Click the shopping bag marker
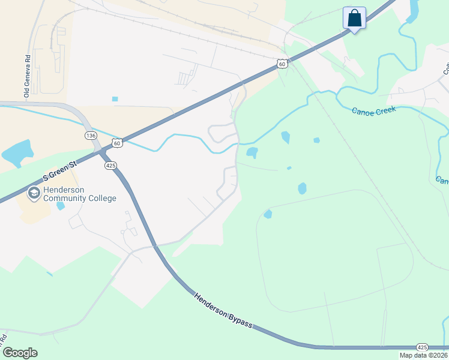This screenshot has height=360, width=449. (354, 18)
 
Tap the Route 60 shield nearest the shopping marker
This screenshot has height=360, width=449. (282, 64)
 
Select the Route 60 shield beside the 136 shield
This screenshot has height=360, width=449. (117, 143)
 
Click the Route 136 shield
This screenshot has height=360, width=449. (90, 136)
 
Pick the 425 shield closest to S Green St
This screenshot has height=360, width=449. (110, 165)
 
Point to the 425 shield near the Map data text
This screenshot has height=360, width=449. (421, 347)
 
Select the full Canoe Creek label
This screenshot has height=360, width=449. (373, 111)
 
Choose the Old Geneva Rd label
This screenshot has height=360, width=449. (27, 76)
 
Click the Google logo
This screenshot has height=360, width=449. (20, 353)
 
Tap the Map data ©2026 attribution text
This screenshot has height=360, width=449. (423, 355)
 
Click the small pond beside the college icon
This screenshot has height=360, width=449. (61, 206)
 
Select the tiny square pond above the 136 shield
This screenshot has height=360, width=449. (115, 99)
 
